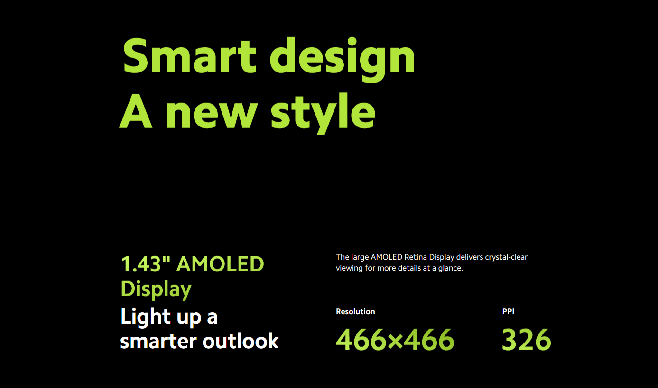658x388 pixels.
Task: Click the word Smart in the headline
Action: coord(189,55)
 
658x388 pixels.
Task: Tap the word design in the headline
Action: coord(342,60)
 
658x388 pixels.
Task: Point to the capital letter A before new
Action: coord(136,111)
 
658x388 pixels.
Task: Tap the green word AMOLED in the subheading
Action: coord(220,264)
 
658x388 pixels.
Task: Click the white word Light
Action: coord(146,317)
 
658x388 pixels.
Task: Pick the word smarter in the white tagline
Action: coord(158,342)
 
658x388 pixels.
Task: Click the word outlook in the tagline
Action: coord(241,341)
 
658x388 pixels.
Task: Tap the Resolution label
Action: coord(355,311)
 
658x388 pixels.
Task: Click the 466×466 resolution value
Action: coord(395,339)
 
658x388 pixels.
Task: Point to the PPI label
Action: coord(508,311)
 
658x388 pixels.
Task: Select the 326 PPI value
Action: coord(527,339)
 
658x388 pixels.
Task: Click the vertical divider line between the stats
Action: coord(478,330)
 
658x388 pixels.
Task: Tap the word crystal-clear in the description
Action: coord(506,257)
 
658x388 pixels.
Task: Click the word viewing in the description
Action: coord(349,268)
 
